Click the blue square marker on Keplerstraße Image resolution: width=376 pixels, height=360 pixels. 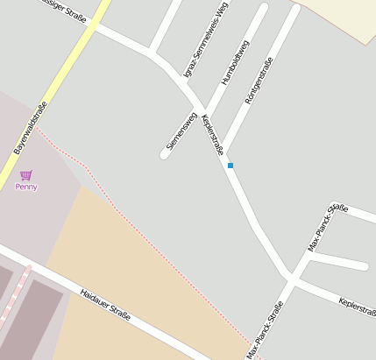(x=231, y=166)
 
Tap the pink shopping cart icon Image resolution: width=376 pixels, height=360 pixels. (x=25, y=175)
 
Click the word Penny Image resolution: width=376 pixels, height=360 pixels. (x=26, y=187)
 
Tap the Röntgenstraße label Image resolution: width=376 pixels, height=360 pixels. (x=259, y=81)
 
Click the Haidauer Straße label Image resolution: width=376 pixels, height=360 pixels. (x=105, y=305)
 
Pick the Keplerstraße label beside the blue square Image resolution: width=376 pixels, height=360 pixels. (x=213, y=136)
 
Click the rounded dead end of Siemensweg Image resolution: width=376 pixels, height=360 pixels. (x=165, y=155)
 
